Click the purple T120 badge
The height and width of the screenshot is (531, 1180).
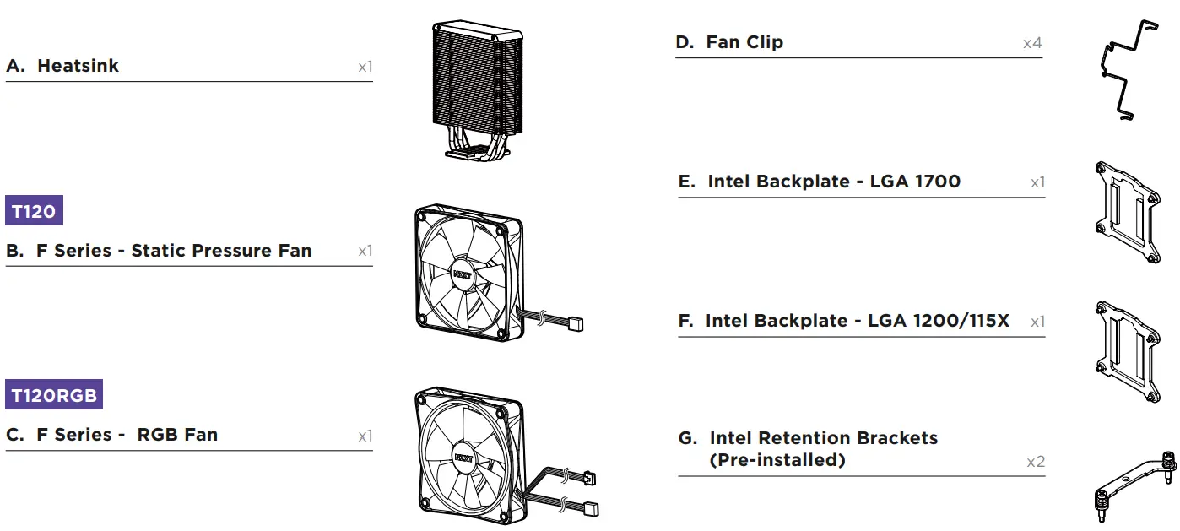point(34,211)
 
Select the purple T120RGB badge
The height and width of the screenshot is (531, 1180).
point(54,395)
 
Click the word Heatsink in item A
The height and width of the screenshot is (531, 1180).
point(78,66)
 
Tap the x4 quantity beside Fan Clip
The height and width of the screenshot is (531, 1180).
point(1031,43)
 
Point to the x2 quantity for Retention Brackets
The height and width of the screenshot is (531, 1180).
point(1035,462)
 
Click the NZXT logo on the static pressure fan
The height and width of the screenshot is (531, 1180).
point(461,274)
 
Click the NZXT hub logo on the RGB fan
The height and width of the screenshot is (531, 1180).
point(463,458)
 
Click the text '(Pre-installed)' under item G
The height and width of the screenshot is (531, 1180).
point(777,460)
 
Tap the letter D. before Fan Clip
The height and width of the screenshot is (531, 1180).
point(685,42)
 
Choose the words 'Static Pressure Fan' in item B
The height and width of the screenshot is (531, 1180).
point(221,251)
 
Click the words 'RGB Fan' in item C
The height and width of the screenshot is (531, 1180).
point(177,435)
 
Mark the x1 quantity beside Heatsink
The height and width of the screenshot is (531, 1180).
point(364,67)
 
